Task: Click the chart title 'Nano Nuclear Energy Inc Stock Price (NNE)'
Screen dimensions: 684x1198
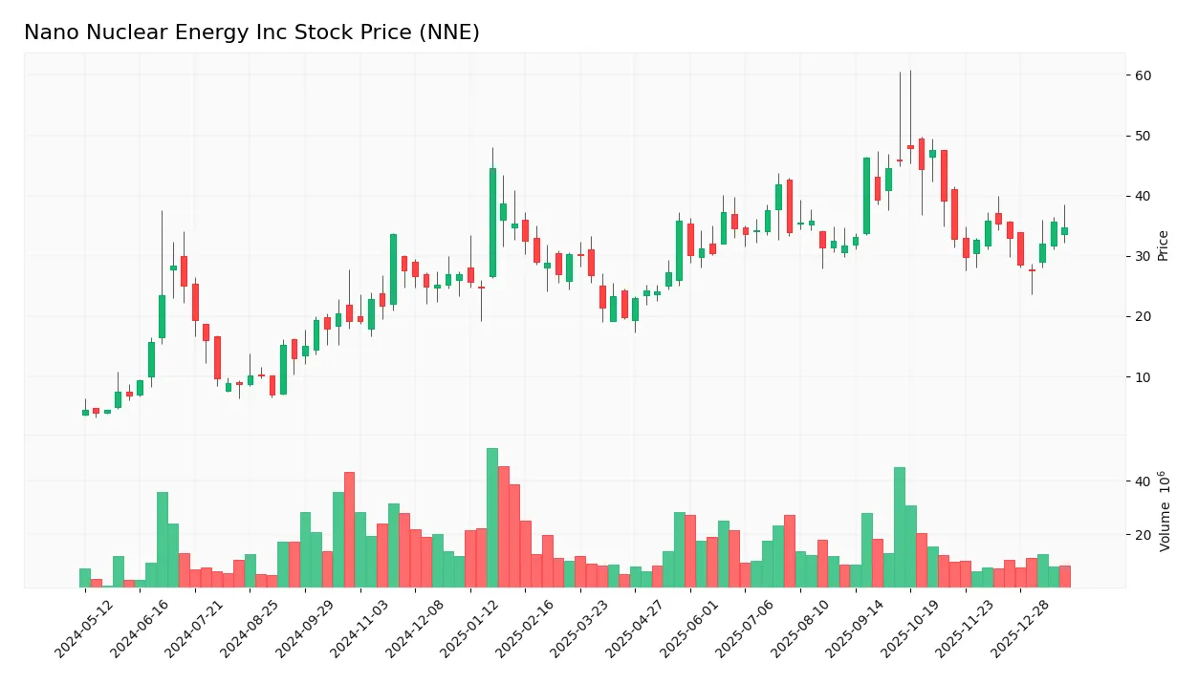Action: tap(251, 33)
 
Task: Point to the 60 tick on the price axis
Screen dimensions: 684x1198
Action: tap(1143, 75)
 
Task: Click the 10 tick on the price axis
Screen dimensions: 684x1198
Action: tap(1143, 377)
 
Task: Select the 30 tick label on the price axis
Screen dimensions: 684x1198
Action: tap(1143, 256)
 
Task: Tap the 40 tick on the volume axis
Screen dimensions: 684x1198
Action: tap(1143, 481)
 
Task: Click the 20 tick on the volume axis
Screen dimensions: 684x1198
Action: tap(1143, 535)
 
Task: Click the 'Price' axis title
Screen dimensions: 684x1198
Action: tap(1164, 246)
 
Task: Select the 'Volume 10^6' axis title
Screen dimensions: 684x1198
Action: tap(1164, 511)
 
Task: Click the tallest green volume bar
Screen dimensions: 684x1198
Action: tap(492, 518)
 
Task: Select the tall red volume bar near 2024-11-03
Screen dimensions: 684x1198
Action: tap(349, 529)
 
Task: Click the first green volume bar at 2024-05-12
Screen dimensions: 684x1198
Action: tap(85, 578)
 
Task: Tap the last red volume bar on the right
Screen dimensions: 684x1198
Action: tap(1064, 576)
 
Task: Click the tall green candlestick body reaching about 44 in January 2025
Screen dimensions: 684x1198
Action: tap(492, 223)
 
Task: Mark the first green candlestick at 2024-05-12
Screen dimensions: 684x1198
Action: tap(85, 413)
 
